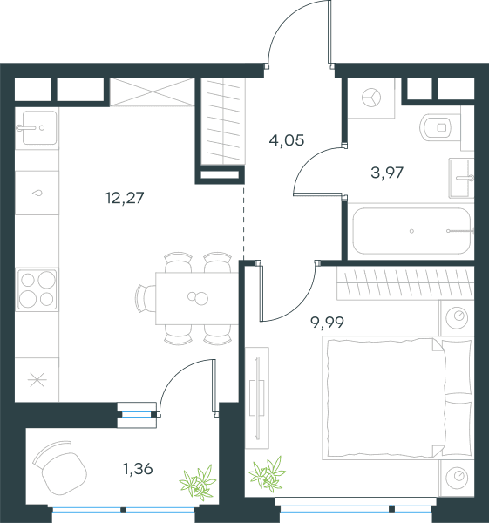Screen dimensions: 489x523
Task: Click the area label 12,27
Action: tap(125, 198)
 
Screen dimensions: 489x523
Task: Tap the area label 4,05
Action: tap(287, 140)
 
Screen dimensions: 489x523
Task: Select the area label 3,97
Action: tap(387, 173)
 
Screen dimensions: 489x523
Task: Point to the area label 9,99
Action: tap(327, 323)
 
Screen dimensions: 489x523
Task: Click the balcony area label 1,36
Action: tap(138, 469)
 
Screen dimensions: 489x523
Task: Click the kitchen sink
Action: tap(39, 128)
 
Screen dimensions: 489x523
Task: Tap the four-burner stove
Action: tap(37, 289)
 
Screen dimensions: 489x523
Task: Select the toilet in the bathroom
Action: tap(436, 127)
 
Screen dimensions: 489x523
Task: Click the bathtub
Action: tap(411, 231)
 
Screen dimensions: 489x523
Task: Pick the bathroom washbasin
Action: tap(461, 178)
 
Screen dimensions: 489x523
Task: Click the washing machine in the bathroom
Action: tap(371, 98)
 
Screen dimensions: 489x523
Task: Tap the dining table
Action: tap(197, 298)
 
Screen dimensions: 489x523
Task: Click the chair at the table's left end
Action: tap(146, 298)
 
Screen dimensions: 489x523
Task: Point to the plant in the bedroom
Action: tap(268, 473)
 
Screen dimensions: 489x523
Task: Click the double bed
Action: tap(397, 398)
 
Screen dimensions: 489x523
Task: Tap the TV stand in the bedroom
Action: tap(257, 398)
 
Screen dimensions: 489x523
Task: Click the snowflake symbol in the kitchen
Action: tap(37, 380)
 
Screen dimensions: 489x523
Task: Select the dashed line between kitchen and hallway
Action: tap(243, 222)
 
